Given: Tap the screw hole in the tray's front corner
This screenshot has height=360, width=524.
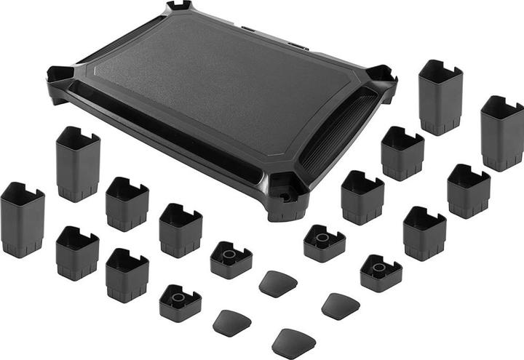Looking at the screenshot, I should (x=285, y=196).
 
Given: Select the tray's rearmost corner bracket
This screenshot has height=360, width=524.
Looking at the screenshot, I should (x=178, y=7).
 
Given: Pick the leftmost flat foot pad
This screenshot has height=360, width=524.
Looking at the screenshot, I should (x=232, y=321).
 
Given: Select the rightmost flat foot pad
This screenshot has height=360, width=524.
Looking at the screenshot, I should (x=340, y=305).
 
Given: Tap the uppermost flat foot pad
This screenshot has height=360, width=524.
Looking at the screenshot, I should (x=277, y=283).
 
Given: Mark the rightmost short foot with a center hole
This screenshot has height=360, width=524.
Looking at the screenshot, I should (x=381, y=273).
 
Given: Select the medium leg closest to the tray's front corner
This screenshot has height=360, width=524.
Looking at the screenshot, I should (x=362, y=197).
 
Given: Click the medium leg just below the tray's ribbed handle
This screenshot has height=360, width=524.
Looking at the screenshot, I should (x=402, y=153).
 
